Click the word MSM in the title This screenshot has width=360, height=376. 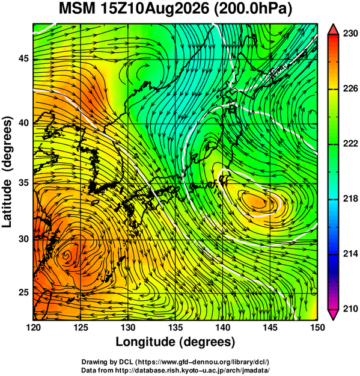point(78,9)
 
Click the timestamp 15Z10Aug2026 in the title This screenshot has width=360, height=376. point(155,9)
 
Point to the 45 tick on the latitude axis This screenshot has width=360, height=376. point(23,58)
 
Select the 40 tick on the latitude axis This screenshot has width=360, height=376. point(23,123)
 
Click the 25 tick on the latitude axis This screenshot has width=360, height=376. point(23,292)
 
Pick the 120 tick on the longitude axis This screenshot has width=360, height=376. point(33,327)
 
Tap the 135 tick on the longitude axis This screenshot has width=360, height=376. point(175,327)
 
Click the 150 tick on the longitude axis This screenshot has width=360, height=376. point(317,327)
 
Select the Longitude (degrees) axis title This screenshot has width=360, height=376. point(175,342)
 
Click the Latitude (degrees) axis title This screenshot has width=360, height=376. point(7,171)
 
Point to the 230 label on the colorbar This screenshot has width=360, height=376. point(350,34)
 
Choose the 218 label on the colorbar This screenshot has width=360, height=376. point(350,199)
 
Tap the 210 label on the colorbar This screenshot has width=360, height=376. point(350,309)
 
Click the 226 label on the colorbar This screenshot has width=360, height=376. point(350,88)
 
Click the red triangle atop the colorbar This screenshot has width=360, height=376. point(334,29)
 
